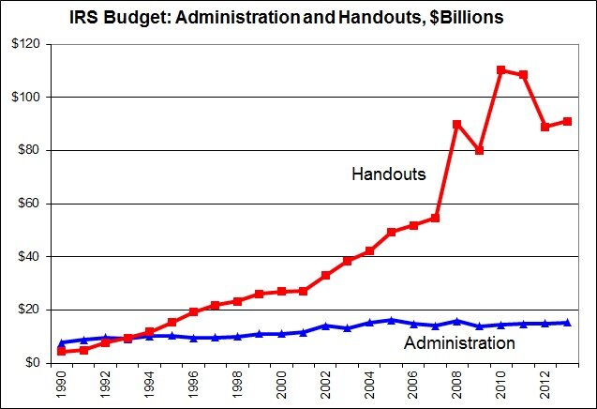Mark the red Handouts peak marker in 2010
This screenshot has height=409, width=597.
pyautogui.click(x=500, y=70)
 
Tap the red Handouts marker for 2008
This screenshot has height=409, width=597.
pyautogui.click(x=456, y=124)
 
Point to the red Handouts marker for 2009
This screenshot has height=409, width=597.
pyautogui.click(x=479, y=150)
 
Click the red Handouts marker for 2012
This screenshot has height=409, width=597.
pyautogui.click(x=545, y=127)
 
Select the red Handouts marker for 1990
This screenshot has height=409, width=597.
pyautogui.click(x=62, y=352)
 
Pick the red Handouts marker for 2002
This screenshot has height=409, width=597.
pyautogui.click(x=325, y=275)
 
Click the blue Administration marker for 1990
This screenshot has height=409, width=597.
pyautogui.click(x=62, y=342)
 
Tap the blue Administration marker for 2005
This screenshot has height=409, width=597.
pyautogui.click(x=391, y=320)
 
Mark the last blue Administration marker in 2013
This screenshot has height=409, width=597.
pyautogui.click(x=567, y=323)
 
